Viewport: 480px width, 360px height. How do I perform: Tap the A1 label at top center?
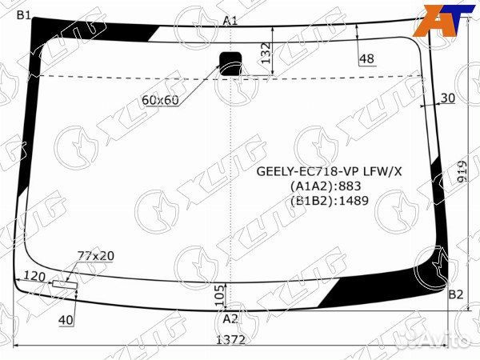[230, 20]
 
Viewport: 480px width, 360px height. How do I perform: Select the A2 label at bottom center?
[230, 318]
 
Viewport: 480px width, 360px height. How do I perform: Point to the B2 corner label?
[455, 295]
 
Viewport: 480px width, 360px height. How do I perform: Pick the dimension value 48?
[366, 58]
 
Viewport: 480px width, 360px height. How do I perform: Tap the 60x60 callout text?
[160, 100]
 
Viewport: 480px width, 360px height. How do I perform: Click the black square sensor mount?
[232, 62]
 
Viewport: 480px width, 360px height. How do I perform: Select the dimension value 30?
[447, 98]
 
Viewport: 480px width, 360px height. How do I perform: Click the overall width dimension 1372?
[230, 339]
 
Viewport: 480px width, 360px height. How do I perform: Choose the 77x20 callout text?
[95, 255]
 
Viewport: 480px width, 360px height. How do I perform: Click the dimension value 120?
[34, 276]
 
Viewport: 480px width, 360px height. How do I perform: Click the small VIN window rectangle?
[64, 284]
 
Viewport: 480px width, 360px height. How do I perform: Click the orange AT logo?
[441, 18]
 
